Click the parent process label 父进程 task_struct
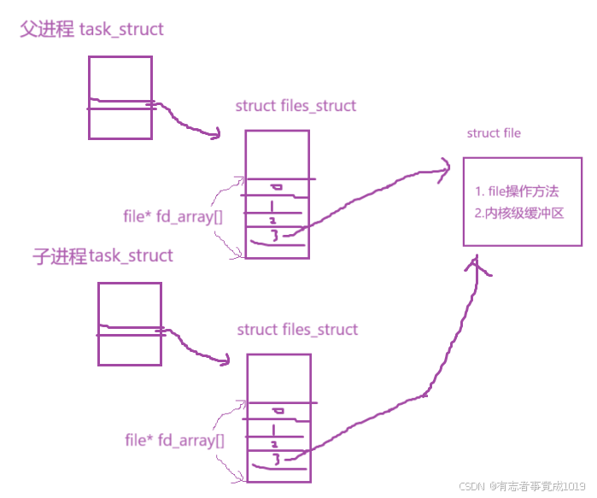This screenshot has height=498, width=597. (x=91, y=30)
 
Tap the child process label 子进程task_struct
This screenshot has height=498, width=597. (x=103, y=256)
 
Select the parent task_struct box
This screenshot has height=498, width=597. (x=120, y=97)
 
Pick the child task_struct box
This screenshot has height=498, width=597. (x=129, y=324)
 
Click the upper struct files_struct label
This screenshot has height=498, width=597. (x=296, y=107)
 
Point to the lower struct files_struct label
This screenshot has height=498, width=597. (x=297, y=330)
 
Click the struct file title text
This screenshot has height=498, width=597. (x=494, y=133)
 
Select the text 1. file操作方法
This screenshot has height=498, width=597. (x=517, y=191)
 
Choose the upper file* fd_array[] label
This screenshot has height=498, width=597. (x=173, y=217)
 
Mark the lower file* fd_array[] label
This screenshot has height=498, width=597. (x=174, y=441)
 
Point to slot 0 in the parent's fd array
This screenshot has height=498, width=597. (x=276, y=187)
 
